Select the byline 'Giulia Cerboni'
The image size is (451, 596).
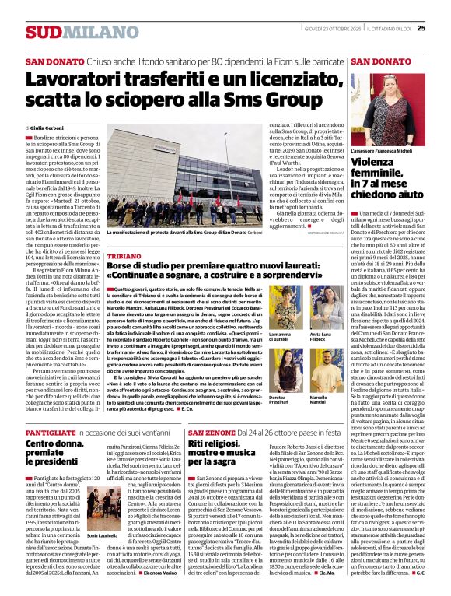coord(50,128)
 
